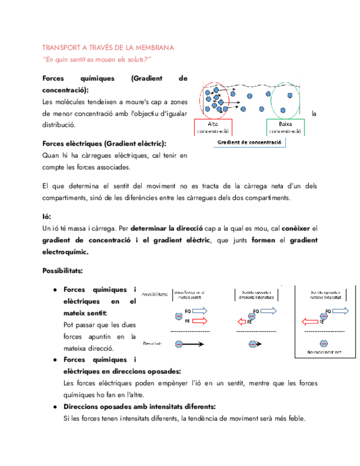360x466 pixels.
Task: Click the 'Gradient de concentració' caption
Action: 250,142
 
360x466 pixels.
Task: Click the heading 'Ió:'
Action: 47,217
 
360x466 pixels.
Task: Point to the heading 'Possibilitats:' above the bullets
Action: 63,271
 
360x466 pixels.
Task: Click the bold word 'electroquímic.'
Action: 65,252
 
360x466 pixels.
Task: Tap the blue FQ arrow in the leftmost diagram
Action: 198,311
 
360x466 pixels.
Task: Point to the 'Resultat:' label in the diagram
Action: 153,344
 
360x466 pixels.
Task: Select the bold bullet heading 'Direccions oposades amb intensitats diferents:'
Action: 139,406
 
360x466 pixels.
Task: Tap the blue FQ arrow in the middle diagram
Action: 268,311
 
